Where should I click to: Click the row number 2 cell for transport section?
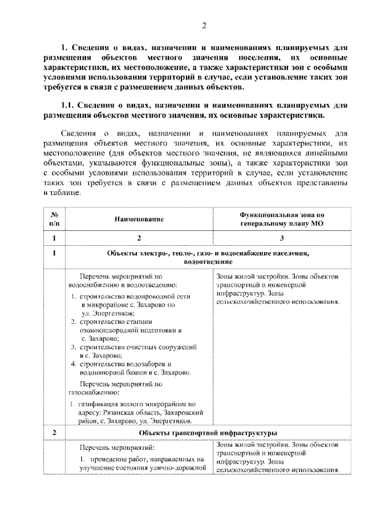54,433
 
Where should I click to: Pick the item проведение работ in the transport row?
111,459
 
